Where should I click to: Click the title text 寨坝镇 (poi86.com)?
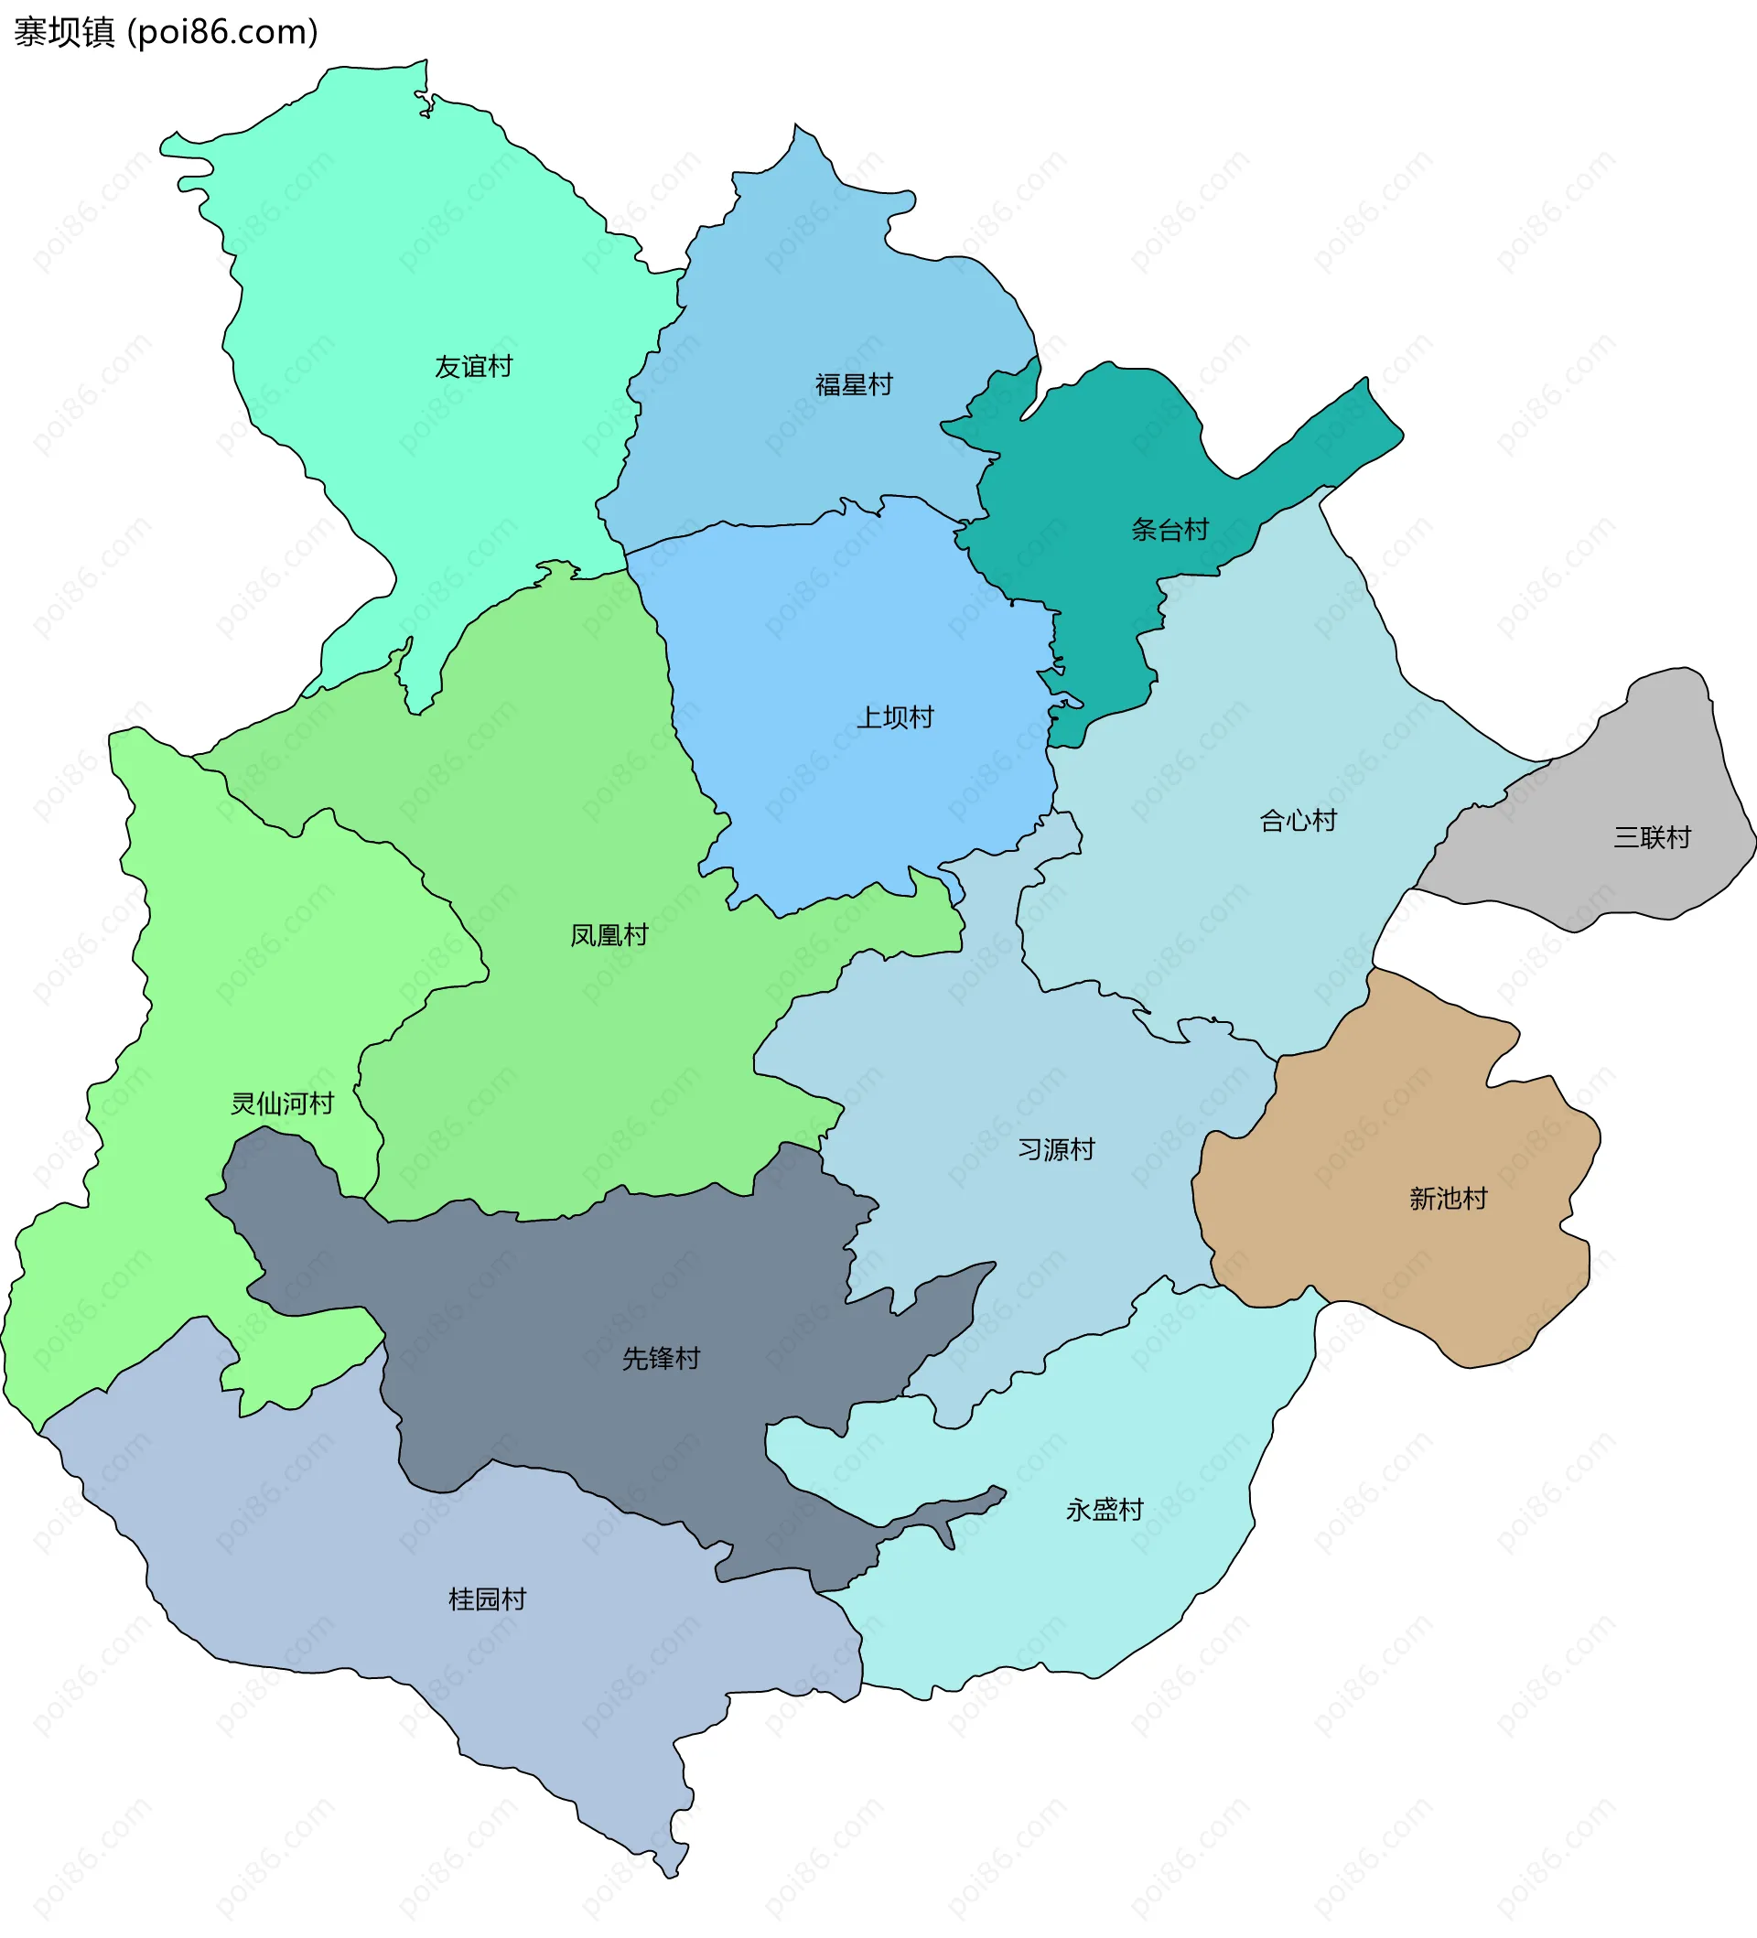166,33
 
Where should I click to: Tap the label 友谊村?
473,367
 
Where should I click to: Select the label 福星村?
854,385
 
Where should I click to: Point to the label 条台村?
1169,530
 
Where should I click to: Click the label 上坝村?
895,718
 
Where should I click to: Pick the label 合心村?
1298,821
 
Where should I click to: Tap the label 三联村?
1651,838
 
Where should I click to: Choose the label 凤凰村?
609,935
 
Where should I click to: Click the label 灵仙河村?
282,1104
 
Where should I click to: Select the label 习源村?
1055,1150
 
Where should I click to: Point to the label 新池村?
1448,1199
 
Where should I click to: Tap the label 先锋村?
661,1358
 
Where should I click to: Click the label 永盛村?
1105,1510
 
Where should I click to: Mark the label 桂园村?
488,1599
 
